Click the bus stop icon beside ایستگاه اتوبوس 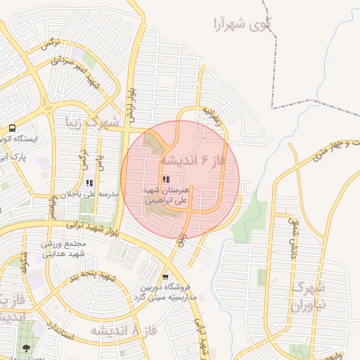coord(12,128)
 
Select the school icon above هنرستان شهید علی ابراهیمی coord(166,180)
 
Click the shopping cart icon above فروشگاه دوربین coord(165,277)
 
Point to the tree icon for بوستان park coord(27,349)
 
